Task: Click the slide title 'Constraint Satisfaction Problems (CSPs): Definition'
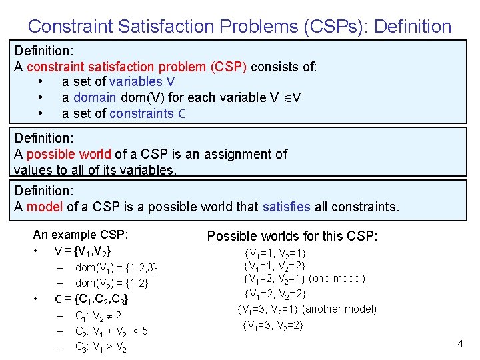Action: click(239, 27)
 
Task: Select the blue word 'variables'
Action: click(135, 82)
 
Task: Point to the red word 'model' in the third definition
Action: click(44, 207)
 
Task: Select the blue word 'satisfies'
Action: click(287, 207)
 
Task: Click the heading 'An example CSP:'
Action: click(81, 235)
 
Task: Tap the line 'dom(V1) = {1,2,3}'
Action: click(116, 268)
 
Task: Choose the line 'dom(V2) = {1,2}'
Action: click(111, 283)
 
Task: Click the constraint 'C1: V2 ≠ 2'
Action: click(98, 316)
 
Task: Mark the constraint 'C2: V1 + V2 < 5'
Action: click(111, 331)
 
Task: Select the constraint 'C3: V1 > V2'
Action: click(101, 347)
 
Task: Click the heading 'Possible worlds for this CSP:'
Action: click(293, 236)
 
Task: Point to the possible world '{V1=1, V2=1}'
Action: click(275, 254)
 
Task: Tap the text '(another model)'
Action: click(339, 309)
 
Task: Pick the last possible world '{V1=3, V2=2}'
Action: click(275, 325)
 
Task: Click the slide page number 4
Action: click(460, 343)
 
